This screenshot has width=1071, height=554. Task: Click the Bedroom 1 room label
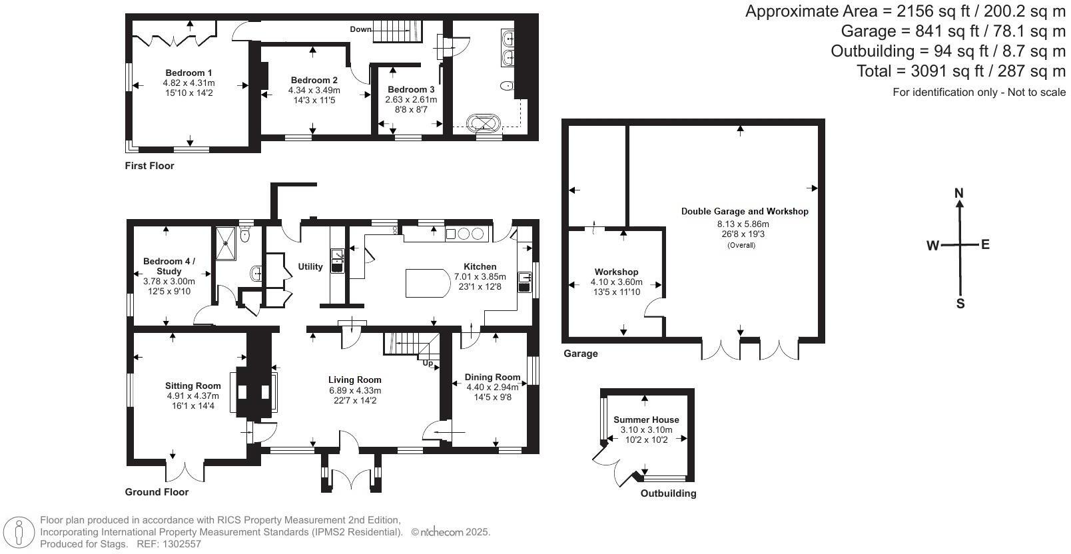pos(188,73)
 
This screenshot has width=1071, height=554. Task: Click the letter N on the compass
pos(959,194)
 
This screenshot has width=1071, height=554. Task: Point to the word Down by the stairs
pos(360,29)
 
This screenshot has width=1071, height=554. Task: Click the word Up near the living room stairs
pos(427,364)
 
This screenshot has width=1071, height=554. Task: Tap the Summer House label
pos(646,419)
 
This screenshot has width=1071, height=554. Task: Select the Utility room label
pos(310,266)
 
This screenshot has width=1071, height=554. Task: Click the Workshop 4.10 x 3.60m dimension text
pos(616,282)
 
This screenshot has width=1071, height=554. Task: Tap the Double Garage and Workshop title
pos(744,211)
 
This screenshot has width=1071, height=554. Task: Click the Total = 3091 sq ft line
pos(960,71)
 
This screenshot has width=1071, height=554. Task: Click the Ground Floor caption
pos(157,492)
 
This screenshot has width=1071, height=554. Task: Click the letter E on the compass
pos(985,244)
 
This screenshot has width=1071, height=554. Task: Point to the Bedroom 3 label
pos(411,89)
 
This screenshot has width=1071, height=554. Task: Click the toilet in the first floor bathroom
pos(507,85)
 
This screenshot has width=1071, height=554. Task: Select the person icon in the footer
pos(19,533)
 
